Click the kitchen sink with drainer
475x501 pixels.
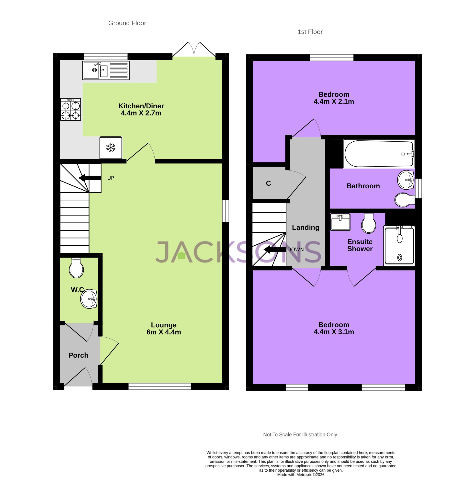106,70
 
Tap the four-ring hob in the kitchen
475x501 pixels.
70,109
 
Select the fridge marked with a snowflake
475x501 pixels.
111,148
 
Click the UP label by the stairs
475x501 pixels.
111,178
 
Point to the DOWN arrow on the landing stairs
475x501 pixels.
275,250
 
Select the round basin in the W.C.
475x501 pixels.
89,299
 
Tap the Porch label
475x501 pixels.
78,355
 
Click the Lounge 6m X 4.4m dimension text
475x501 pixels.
164,332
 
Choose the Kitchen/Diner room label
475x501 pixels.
141,106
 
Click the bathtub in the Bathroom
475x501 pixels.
379,154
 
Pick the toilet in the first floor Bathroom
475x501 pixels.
404,200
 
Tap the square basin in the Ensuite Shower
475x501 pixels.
340,222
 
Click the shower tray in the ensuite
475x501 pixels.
399,246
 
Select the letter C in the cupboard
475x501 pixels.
268,183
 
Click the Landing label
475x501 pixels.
305,228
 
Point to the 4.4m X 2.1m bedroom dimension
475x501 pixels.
334,102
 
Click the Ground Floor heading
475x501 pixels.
127,23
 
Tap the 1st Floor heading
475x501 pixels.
310,32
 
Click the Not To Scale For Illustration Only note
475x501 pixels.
300,435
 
